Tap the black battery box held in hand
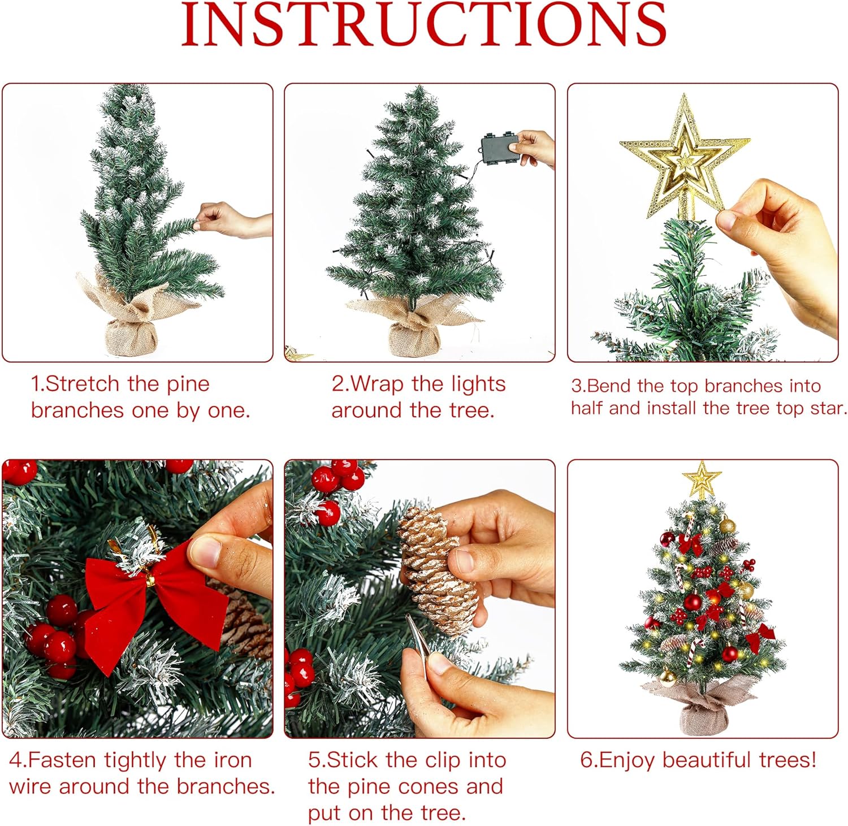pyautogui.click(x=500, y=149)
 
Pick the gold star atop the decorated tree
pyautogui.click(x=702, y=479)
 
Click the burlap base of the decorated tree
pyautogui.click(x=701, y=707)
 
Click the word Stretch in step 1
pyautogui.click(x=83, y=384)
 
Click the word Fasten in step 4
pyautogui.click(x=62, y=760)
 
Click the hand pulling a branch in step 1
pyautogui.click(x=232, y=220)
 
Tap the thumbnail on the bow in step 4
pyautogui.click(x=205, y=551)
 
